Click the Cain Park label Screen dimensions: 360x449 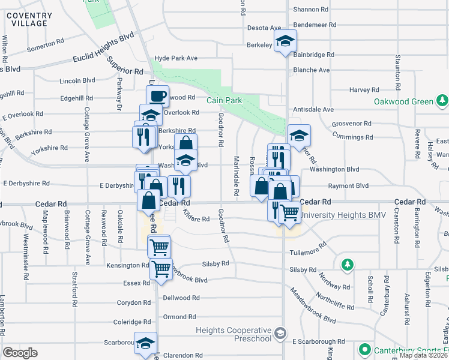[225, 100]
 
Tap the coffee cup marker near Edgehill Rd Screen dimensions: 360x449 [158, 95]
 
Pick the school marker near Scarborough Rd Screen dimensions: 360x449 [145, 343]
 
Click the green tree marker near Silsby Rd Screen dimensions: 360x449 [347, 264]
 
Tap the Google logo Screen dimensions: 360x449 [20, 353]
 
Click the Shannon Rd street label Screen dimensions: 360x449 [311, 10]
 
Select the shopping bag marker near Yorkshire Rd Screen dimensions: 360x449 [186, 143]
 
